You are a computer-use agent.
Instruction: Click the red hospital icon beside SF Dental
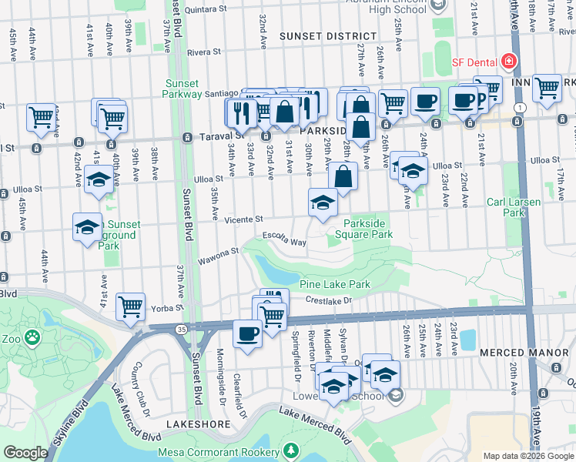pyautogui.click(x=508, y=61)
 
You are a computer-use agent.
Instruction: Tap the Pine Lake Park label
pyautogui.click(x=335, y=285)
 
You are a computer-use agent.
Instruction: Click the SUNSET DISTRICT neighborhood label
pyautogui.click(x=327, y=36)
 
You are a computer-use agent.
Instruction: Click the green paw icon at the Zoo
pyautogui.click(x=32, y=337)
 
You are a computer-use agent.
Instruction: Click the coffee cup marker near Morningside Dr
pyautogui.click(x=247, y=334)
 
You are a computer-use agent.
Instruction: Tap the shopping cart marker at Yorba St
pyautogui.click(x=130, y=306)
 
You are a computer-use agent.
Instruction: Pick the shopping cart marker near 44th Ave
pyautogui.click(x=41, y=117)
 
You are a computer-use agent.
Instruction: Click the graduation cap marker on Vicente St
pyautogui.click(x=323, y=203)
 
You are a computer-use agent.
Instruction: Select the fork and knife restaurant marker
pyautogui.click(x=242, y=112)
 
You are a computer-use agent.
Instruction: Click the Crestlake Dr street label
pyautogui.click(x=327, y=300)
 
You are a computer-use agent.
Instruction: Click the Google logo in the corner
pyautogui.click(x=25, y=453)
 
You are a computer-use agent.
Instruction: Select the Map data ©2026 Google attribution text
pyautogui.click(x=528, y=456)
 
